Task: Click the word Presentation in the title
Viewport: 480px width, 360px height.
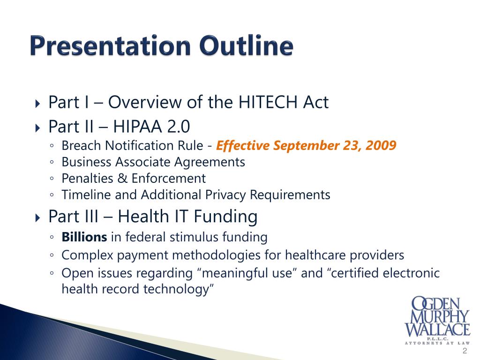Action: [x=111, y=47]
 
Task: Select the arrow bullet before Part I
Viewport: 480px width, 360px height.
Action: [x=38, y=103]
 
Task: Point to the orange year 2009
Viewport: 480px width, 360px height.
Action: [x=382, y=146]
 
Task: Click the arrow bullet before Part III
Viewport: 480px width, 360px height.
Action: [x=38, y=217]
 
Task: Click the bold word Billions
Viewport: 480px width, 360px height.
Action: [x=84, y=237]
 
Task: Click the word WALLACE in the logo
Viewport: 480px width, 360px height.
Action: [x=437, y=329]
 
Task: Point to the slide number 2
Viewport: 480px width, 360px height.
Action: [x=465, y=352]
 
